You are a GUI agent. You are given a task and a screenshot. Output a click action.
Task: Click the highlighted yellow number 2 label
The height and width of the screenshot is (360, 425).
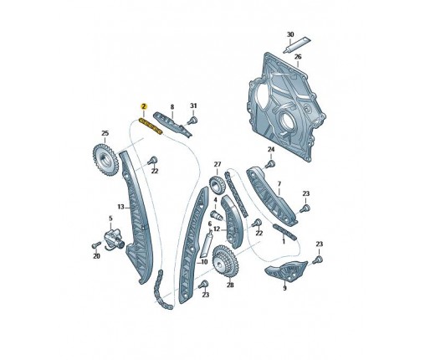pyautogui.click(x=144, y=106)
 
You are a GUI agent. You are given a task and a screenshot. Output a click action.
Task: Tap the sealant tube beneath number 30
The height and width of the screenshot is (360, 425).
pyautogui.click(x=297, y=44)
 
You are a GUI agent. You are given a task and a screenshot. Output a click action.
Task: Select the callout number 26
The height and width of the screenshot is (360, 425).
pyautogui.click(x=298, y=57)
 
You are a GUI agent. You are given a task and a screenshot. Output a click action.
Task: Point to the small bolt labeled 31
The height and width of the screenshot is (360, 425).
pyautogui.click(x=192, y=121)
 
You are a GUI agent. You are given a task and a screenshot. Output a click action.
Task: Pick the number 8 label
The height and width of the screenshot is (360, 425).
pyautogui.click(x=172, y=107)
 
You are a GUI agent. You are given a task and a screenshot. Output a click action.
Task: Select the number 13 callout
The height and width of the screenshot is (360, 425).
pyautogui.click(x=120, y=207)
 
